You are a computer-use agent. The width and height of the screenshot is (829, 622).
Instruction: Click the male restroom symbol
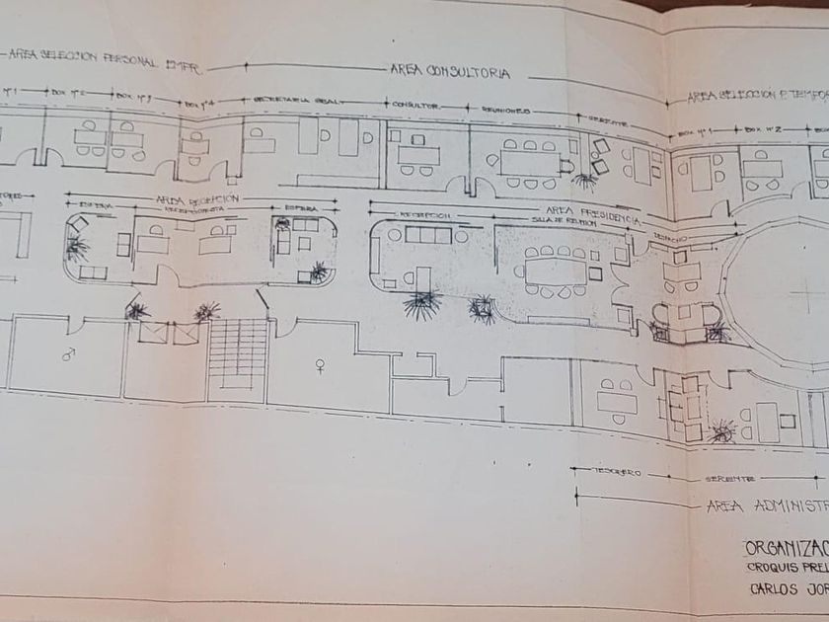click(68, 352)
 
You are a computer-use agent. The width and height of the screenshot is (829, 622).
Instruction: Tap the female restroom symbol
click(319, 366)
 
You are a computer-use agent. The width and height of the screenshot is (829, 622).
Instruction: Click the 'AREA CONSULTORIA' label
click(453, 72)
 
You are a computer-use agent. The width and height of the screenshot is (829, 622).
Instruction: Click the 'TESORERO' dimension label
click(617, 473)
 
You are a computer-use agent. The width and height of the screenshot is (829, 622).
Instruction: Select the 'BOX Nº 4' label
click(200, 102)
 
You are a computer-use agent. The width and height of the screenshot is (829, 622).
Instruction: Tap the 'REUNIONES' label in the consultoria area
click(506, 111)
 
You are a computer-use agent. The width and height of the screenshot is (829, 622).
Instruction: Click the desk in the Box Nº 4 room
click(194, 146)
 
